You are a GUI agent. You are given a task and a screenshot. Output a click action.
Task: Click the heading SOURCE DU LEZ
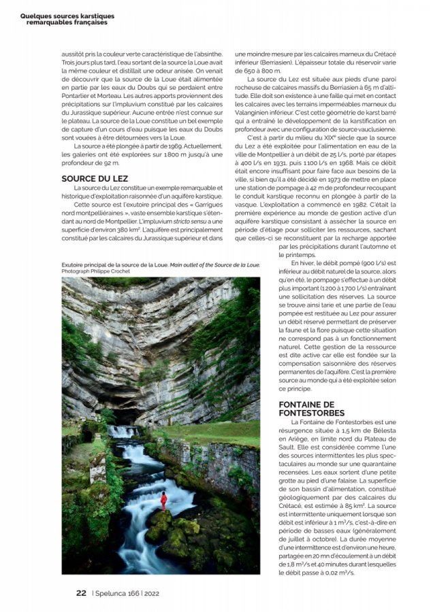point(90,178)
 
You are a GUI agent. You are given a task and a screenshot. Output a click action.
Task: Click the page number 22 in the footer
point(80,592)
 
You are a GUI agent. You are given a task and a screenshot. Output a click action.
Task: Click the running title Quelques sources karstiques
point(67,16)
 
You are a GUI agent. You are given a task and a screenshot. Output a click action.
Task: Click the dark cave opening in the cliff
point(129,415)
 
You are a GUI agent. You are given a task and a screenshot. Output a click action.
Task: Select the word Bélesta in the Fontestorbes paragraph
point(401,431)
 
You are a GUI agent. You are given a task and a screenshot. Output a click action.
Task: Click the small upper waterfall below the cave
point(122,431)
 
